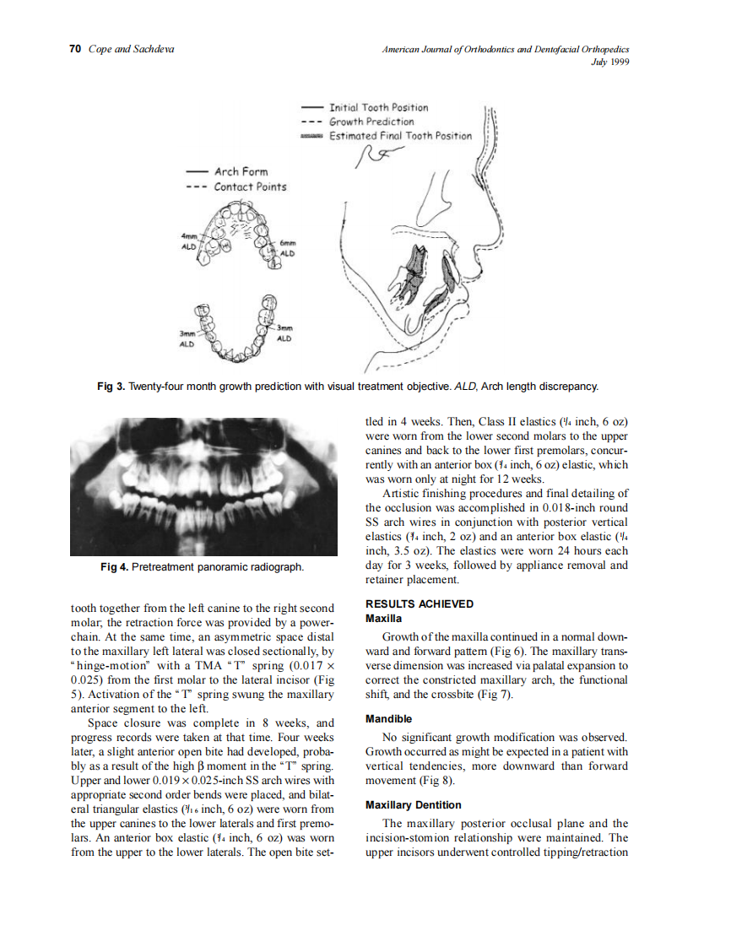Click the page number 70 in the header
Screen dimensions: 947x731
(74, 49)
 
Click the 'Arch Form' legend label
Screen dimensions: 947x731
(241, 171)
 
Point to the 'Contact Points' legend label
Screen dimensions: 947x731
(249, 187)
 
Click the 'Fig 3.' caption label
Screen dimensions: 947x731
(112, 387)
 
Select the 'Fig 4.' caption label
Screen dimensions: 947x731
(115, 566)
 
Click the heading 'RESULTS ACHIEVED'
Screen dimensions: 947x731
(419, 603)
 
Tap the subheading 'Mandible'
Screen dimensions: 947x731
(388, 719)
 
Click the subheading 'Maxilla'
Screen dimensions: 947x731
(383, 618)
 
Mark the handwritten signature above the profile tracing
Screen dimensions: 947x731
(380, 154)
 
